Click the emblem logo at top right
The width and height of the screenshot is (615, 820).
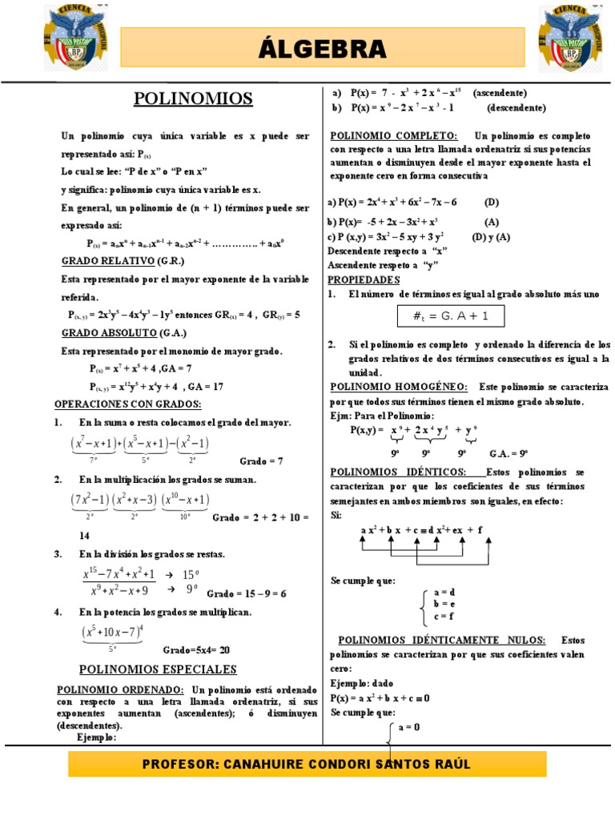click(569, 38)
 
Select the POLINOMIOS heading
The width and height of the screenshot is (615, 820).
click(192, 98)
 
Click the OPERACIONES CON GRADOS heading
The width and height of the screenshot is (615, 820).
click(128, 404)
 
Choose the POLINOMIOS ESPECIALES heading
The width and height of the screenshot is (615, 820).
click(158, 669)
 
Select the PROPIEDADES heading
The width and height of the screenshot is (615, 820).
click(364, 279)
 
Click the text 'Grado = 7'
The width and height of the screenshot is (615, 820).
click(262, 461)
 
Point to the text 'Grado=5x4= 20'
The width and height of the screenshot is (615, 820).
click(196, 649)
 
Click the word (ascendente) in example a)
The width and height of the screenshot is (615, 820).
click(500, 93)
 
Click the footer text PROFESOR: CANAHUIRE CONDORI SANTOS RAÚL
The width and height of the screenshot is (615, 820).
click(307, 764)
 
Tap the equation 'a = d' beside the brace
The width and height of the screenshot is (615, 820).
click(443, 592)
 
